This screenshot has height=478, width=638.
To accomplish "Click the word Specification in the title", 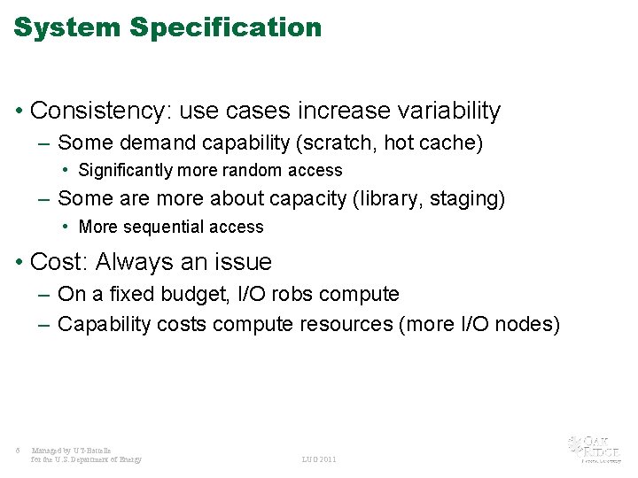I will pyautogui.click(x=226, y=27).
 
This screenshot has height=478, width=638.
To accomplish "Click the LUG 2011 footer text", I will pyautogui.click(x=319, y=459).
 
